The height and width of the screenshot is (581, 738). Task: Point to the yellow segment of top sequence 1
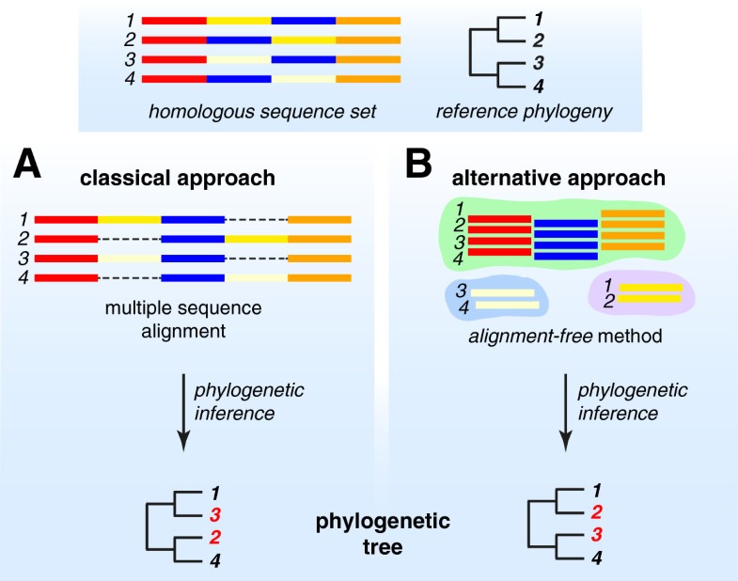(x=239, y=20)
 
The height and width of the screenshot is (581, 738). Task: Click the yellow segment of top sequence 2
(x=304, y=40)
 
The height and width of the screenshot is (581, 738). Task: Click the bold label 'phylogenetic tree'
(x=395, y=534)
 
